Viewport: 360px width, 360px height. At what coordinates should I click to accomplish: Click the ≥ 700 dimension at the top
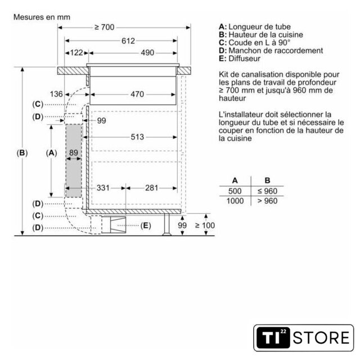pos(105,28)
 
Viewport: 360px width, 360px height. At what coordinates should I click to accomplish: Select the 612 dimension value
pos(128,41)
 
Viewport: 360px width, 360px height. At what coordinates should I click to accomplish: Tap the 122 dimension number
pos(76,53)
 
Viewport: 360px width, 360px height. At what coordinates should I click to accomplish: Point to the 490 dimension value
pos(147,53)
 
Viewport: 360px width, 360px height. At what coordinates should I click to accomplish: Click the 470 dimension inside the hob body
pos(137,94)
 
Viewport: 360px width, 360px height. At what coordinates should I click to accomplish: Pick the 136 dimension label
pos(56,94)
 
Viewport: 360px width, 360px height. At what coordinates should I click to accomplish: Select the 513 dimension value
pos(137,137)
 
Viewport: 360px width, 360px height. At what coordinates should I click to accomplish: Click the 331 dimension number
pos(103,188)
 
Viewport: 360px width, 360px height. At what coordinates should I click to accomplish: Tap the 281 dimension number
pos(151,188)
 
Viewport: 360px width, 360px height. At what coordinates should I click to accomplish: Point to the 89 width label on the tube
pos(74,152)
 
